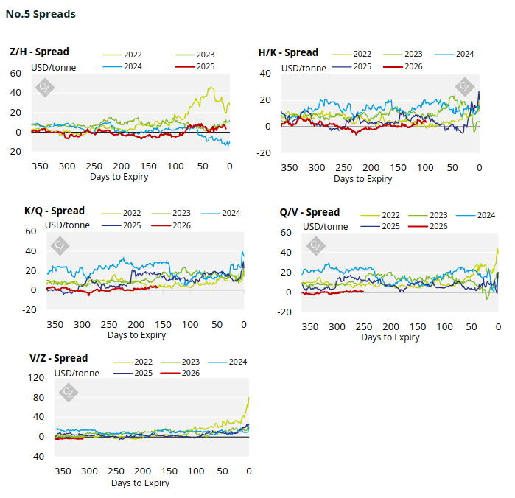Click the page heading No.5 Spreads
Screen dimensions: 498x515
[41, 14]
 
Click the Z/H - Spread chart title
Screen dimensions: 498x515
[39, 52]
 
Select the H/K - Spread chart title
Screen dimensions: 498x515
[288, 52]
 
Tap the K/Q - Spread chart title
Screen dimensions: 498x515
[55, 211]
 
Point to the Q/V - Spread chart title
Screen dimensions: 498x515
[309, 213]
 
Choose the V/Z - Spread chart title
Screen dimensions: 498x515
[58, 359]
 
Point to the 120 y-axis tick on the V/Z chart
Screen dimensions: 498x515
[35, 378]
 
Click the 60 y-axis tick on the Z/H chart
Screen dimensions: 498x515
[15, 74]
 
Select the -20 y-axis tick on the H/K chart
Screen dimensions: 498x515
[264, 153]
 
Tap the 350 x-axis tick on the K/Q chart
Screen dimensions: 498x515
[55, 325]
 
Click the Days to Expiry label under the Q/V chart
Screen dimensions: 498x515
[390, 337]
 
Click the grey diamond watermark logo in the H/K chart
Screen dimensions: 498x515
[464, 85]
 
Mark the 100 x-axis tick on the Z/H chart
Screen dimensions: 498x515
[175, 166]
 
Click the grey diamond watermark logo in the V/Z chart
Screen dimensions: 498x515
[68, 391]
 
